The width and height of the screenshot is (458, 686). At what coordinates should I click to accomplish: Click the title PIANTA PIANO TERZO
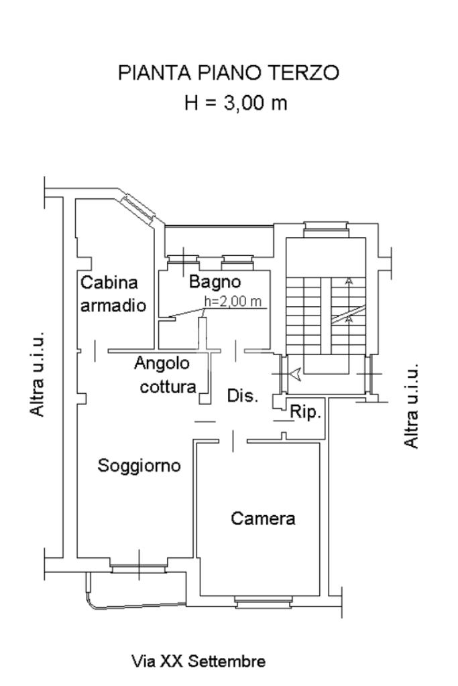click(x=229, y=73)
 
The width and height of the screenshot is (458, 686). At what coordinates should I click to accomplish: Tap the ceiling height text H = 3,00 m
click(x=235, y=104)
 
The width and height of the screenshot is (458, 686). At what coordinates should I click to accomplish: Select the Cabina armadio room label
click(x=113, y=294)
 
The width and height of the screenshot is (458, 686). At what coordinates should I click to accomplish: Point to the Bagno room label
click(x=214, y=281)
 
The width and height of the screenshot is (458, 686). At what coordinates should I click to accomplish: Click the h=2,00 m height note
click(x=233, y=301)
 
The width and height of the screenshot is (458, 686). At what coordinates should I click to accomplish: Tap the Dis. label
click(x=243, y=395)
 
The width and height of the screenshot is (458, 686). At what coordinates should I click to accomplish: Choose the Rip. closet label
click(x=306, y=412)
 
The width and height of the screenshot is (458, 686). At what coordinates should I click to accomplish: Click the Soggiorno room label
click(x=139, y=465)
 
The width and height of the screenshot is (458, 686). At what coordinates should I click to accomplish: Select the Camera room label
click(x=263, y=518)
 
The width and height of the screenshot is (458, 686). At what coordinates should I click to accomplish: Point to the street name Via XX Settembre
click(x=198, y=662)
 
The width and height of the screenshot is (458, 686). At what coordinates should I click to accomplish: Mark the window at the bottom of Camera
click(x=264, y=601)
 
